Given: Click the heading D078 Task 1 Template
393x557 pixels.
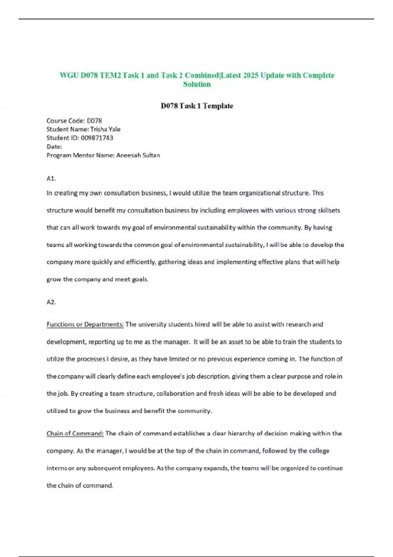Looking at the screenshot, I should click(197, 106).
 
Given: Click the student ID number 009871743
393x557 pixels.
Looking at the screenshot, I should click(97, 138).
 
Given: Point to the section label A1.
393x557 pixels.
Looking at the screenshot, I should click(51, 179).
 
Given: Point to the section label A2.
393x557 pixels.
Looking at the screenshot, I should click(51, 302).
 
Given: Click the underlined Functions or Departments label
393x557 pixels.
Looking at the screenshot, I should click(85, 324).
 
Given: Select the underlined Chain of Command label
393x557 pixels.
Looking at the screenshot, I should click(75, 433).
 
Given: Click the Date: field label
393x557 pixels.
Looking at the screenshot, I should click(54, 147).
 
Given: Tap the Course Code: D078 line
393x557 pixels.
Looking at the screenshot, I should click(74, 121).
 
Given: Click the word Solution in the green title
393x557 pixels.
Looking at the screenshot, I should click(197, 85).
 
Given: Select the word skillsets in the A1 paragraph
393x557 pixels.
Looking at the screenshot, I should click(329, 210).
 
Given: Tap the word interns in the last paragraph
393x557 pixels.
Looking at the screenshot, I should click(57, 468).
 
